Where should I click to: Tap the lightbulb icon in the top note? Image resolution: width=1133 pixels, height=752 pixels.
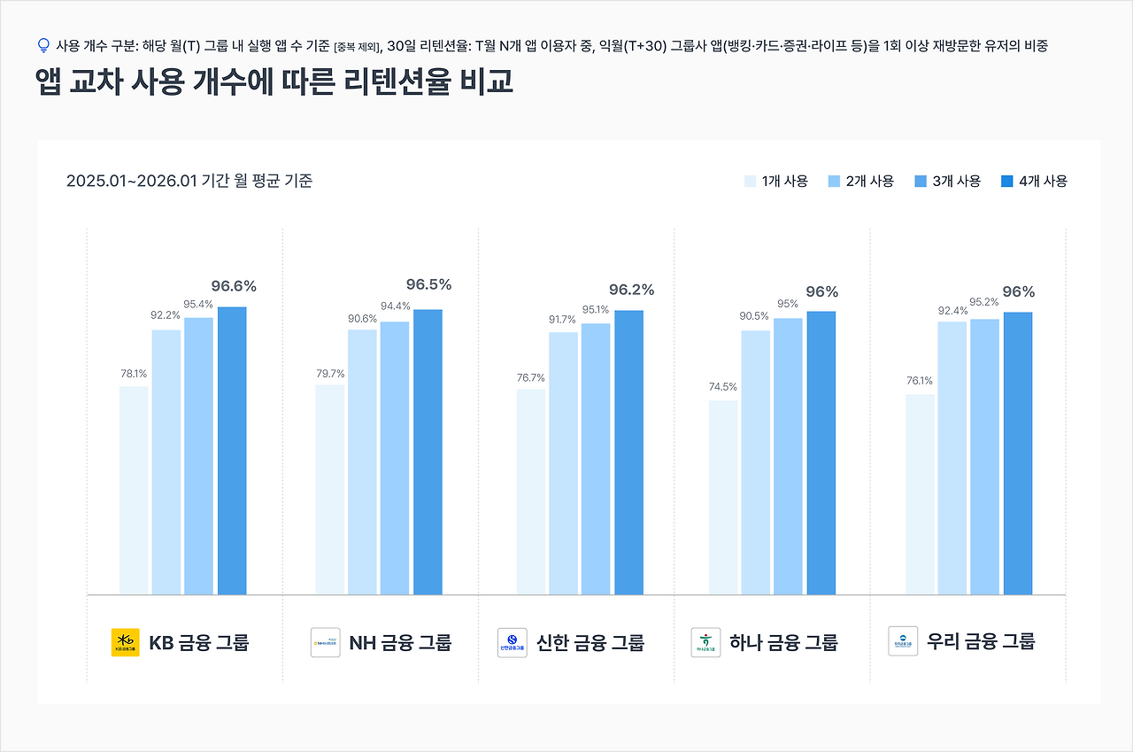pyautogui.click(x=43, y=45)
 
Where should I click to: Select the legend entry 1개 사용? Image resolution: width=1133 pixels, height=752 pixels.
pyautogui.click(x=777, y=181)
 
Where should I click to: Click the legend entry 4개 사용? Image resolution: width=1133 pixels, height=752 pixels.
pyautogui.click(x=1034, y=181)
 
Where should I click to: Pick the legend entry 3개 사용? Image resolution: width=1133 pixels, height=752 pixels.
pyautogui.click(x=947, y=181)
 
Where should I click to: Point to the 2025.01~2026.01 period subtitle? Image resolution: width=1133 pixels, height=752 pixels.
pyautogui.click(x=189, y=181)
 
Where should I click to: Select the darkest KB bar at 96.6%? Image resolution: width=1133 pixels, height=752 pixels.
pyautogui.click(x=232, y=451)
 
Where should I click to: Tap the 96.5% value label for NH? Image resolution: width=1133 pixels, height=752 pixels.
pyautogui.click(x=428, y=284)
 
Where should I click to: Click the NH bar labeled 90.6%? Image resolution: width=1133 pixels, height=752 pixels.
pyautogui.click(x=362, y=461)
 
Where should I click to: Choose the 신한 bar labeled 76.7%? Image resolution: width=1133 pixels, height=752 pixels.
pyautogui.click(x=531, y=492)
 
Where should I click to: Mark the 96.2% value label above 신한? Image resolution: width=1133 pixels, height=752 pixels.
pyautogui.click(x=631, y=290)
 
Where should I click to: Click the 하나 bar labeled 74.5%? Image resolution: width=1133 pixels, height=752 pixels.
pyautogui.click(x=723, y=497)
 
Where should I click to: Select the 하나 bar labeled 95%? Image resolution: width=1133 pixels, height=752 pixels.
pyautogui.click(x=788, y=456)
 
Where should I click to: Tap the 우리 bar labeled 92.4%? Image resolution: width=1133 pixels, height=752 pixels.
pyautogui.click(x=952, y=458)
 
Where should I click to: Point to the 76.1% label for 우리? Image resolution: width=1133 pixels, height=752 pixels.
pyautogui.click(x=919, y=381)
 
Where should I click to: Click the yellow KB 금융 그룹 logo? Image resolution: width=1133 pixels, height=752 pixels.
pyautogui.click(x=126, y=642)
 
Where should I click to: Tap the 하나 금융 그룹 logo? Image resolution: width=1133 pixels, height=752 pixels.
pyautogui.click(x=705, y=642)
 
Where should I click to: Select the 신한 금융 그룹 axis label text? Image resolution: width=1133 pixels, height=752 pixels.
pyautogui.click(x=590, y=642)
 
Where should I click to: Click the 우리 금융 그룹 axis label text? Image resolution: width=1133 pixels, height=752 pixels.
pyautogui.click(x=981, y=640)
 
